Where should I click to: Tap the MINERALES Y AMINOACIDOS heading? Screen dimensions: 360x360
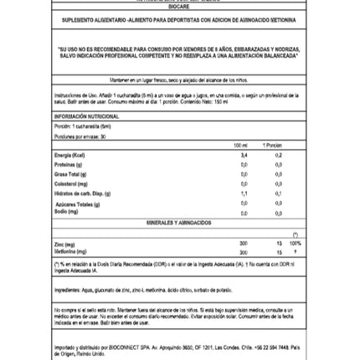coord(179,223)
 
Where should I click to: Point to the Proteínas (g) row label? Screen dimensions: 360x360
coord(63,164)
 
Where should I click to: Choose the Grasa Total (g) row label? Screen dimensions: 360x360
coord(64,173)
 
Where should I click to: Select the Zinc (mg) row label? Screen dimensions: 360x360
coord(59,243)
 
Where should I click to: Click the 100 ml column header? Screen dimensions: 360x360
coord(242,145)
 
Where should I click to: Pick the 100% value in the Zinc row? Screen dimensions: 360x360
coord(295,243)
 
